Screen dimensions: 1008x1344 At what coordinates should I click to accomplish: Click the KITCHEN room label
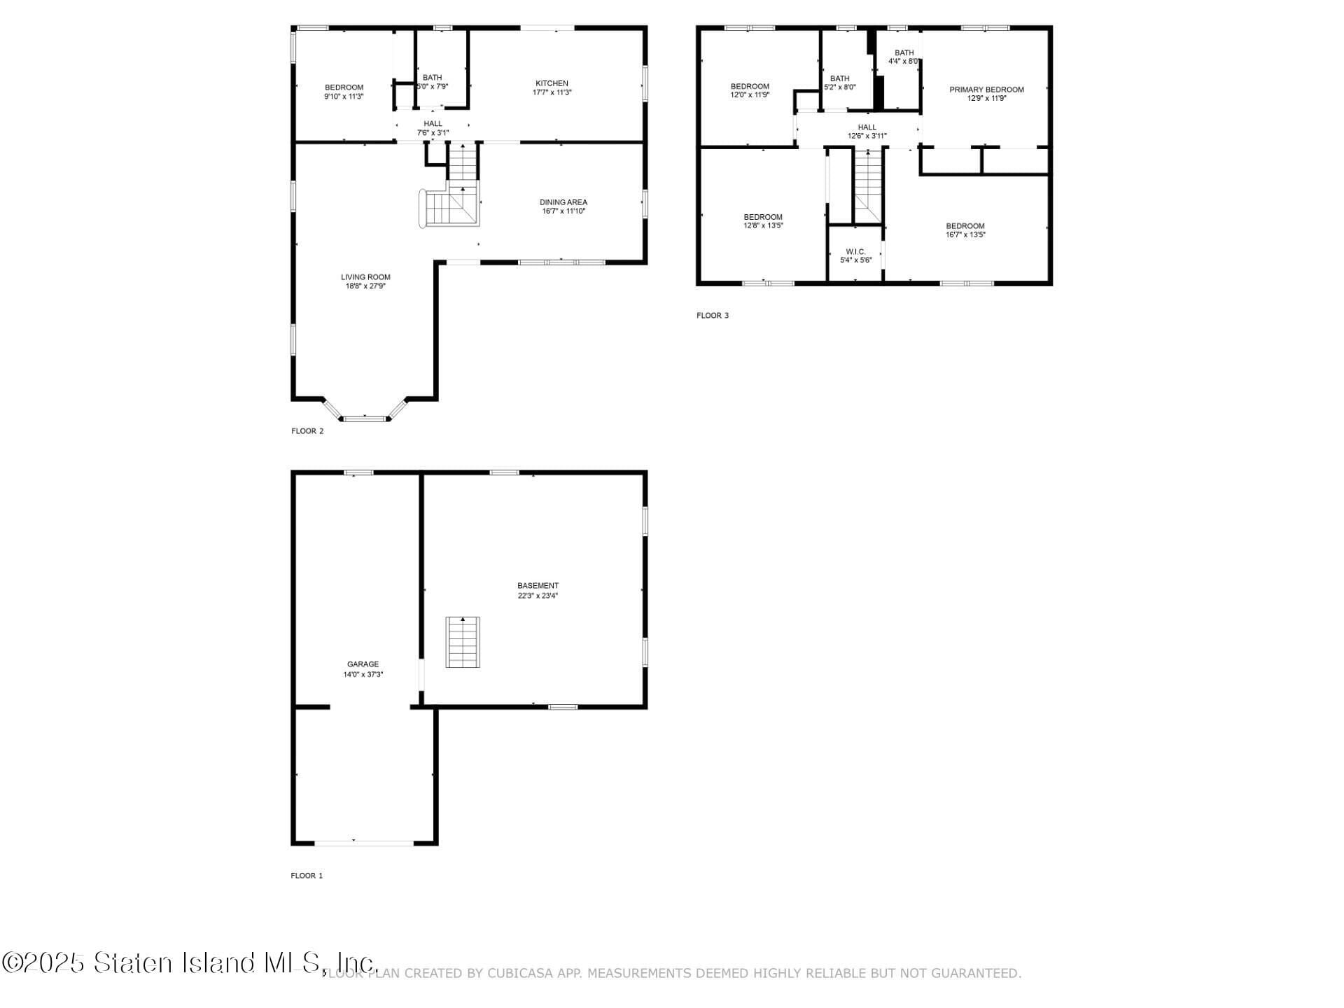(552, 83)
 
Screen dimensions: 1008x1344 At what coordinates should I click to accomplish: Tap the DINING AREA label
(563, 202)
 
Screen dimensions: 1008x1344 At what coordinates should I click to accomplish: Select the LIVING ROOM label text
(365, 277)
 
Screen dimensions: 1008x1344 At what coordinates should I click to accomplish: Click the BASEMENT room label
(538, 586)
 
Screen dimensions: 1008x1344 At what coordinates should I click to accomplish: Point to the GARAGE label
(363, 664)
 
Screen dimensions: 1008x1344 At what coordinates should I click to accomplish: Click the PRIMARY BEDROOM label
(986, 90)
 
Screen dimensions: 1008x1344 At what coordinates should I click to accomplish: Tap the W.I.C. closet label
(855, 251)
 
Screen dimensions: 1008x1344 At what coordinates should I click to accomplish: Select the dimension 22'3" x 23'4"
(538, 596)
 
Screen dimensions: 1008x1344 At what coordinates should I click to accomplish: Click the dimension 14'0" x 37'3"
(363, 675)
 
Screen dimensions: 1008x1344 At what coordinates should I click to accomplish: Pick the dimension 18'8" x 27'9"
(365, 286)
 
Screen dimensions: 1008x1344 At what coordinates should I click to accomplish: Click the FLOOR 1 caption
(307, 876)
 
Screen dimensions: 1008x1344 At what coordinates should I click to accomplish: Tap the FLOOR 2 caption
(307, 431)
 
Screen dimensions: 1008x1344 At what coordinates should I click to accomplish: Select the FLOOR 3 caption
(712, 316)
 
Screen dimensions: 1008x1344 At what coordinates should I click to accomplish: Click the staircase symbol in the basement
(463, 642)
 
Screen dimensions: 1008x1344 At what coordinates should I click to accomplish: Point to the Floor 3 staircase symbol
(868, 185)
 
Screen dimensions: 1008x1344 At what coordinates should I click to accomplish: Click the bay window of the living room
(364, 418)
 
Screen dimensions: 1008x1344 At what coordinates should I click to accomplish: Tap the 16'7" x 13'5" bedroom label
(965, 226)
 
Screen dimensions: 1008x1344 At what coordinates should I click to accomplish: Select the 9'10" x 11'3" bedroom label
(344, 87)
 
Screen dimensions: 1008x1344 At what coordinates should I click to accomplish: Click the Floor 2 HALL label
(433, 124)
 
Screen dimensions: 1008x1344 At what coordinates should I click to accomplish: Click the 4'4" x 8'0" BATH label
(904, 52)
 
